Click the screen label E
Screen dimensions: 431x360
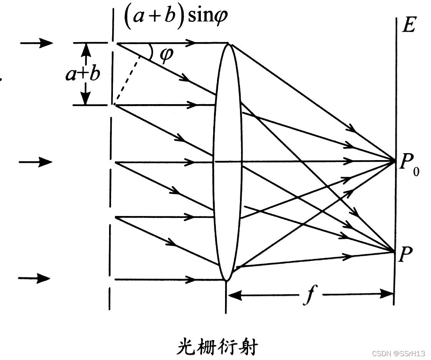(x=408, y=26)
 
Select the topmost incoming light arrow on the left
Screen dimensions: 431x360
(x=36, y=43)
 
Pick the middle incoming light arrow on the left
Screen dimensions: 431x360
(x=36, y=162)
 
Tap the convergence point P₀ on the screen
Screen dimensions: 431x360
(x=394, y=161)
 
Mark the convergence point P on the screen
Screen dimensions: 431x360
(x=394, y=252)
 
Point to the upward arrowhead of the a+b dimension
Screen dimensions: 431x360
(x=87, y=49)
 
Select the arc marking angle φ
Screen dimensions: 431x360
(x=150, y=52)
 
